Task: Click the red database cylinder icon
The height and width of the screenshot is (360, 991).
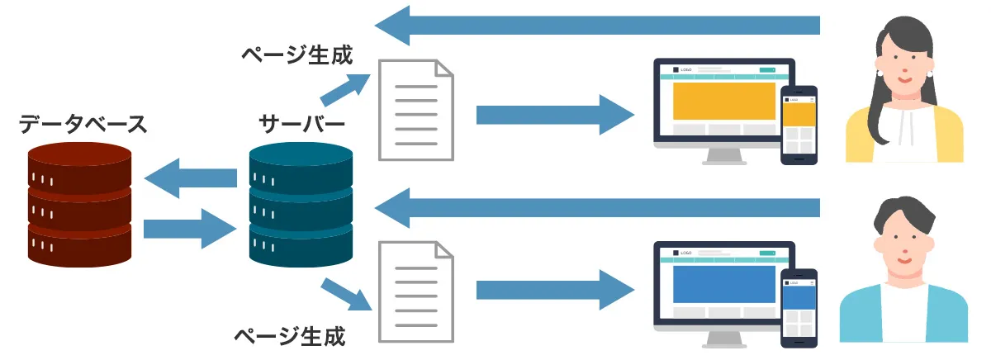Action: [x=79, y=203]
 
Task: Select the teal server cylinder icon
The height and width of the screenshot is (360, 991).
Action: [x=301, y=203]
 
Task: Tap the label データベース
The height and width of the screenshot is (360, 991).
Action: [x=83, y=125]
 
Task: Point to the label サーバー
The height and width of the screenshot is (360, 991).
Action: [x=302, y=125]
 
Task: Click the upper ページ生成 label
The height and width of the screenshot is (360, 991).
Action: [x=297, y=56]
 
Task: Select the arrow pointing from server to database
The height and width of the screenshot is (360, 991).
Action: [x=191, y=178]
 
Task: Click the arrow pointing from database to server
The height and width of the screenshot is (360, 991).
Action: [x=191, y=229]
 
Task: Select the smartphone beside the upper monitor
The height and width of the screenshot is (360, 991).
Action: [x=799, y=126]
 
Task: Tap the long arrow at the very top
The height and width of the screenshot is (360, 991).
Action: [x=595, y=25]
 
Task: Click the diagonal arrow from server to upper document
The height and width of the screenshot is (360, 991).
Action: [x=345, y=88]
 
